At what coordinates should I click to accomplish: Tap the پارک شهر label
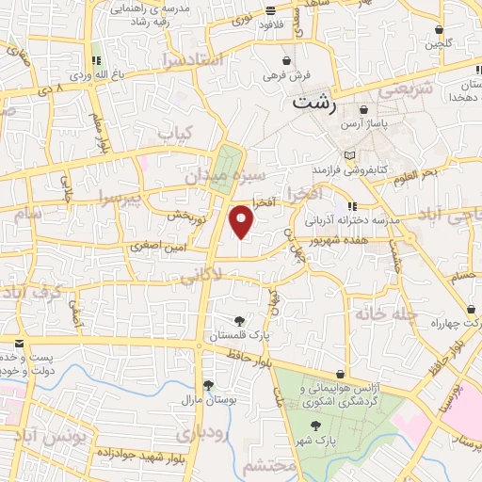pyautogui.click(x=320, y=440)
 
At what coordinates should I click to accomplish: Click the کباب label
pyautogui.click(x=178, y=134)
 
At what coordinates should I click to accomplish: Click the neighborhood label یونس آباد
pyautogui.click(x=57, y=437)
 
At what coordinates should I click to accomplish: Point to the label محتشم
pyautogui.click(x=268, y=466)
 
